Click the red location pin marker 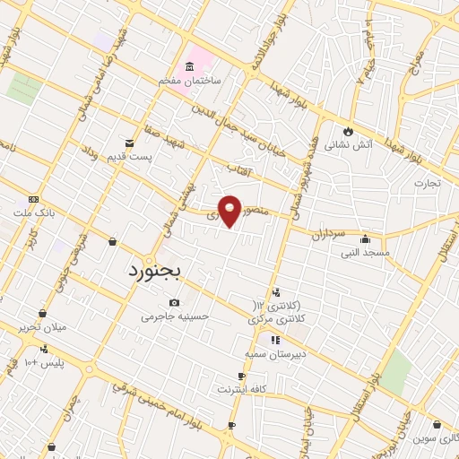[x=230, y=210]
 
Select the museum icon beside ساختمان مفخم [x=190, y=66]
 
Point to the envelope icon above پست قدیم [x=131, y=143]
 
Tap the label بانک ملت [x=35, y=213]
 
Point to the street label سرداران [x=328, y=235]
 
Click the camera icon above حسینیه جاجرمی [x=173, y=303]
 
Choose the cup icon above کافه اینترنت [x=241, y=377]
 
